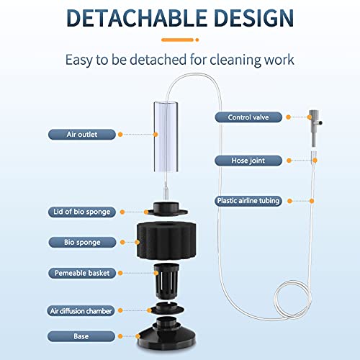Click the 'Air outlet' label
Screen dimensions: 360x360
coord(81,134)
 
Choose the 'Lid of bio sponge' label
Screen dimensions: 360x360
coord(81,212)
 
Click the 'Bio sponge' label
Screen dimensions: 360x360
coord(81,243)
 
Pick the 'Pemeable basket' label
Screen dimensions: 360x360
coord(81,274)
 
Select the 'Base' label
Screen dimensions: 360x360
coord(81,336)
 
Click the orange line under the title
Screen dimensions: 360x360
coord(179,40)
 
